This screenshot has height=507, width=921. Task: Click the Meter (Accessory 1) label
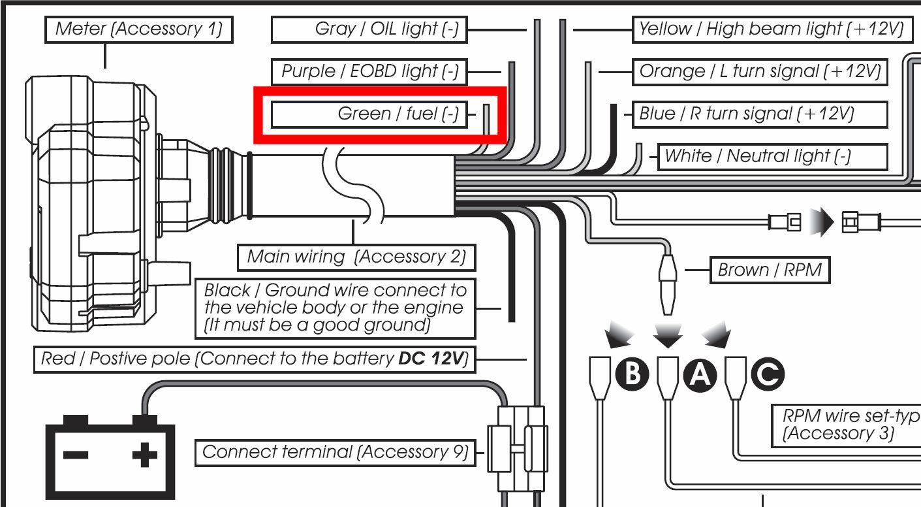(x=138, y=29)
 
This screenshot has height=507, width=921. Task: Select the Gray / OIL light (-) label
(x=369, y=29)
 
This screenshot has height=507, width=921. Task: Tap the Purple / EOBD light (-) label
(x=369, y=71)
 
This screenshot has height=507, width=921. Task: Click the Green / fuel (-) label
(x=369, y=114)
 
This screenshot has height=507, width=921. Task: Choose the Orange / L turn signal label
(x=760, y=71)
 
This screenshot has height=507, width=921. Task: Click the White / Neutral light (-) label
(x=772, y=157)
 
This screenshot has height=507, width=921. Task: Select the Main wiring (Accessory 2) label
(x=356, y=257)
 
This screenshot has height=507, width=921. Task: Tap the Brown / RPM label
(x=770, y=270)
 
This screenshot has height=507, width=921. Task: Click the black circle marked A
(x=700, y=374)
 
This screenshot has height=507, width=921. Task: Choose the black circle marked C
(x=768, y=374)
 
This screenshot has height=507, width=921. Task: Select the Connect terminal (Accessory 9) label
(x=335, y=452)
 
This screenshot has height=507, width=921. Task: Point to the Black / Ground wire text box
(x=336, y=308)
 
